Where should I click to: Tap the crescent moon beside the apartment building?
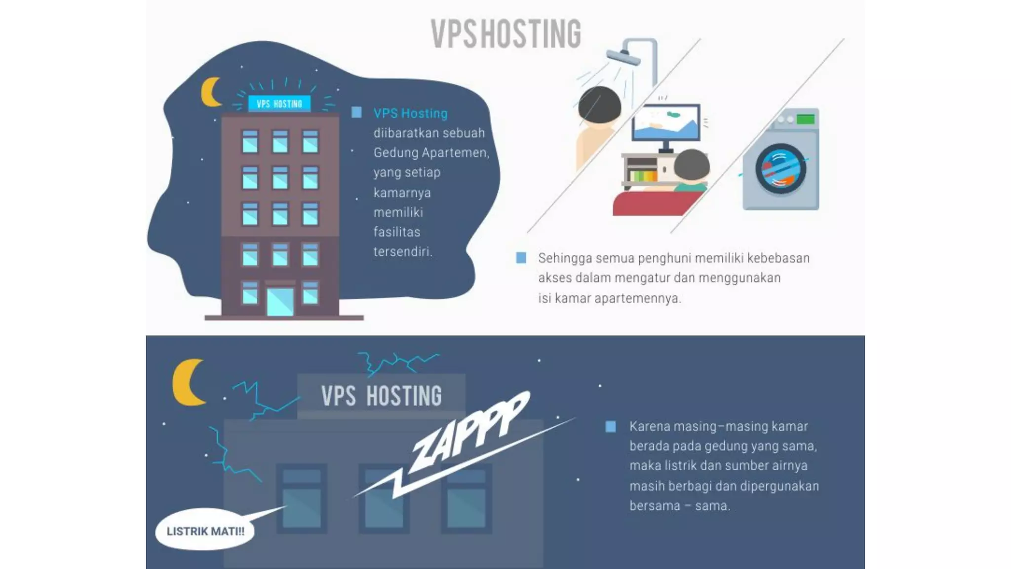210,92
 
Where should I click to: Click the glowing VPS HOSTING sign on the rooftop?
279,104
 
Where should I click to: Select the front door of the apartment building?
280,301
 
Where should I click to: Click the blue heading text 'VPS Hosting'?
410,114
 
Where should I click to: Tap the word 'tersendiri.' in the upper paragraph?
403,252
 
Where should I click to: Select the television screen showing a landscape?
666,123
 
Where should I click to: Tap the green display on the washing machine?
805,119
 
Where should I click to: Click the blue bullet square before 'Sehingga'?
521,258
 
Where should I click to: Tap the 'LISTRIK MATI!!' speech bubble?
205,531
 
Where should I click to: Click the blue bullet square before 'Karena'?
611,427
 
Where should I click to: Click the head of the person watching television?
691,165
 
